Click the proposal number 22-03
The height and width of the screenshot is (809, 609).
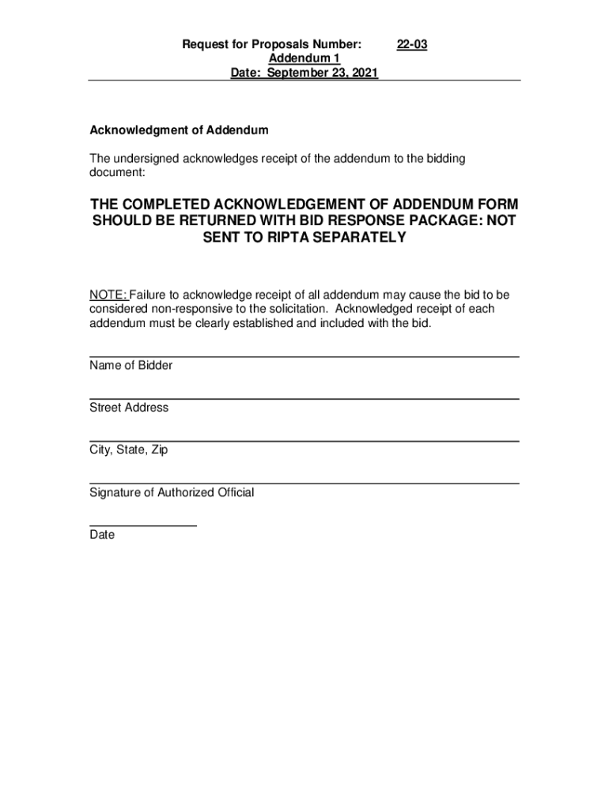tap(412, 45)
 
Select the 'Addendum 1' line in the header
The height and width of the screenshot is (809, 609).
tap(304, 59)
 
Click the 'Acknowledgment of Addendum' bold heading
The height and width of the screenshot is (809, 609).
tap(179, 130)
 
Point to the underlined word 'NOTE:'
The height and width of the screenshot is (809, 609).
tap(108, 295)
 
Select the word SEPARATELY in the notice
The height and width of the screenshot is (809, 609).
tap(358, 238)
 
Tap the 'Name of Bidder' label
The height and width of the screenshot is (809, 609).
tap(130, 366)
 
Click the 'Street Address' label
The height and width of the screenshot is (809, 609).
tap(129, 408)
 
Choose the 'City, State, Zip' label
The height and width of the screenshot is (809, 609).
tap(128, 450)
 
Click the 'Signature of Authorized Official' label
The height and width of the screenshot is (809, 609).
tap(172, 492)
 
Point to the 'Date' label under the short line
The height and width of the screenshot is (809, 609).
tap(102, 535)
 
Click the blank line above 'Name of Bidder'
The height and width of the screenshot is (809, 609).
tap(304, 357)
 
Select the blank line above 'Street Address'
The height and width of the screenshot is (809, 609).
tap(304, 399)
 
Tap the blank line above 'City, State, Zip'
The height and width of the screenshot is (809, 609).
tap(304, 441)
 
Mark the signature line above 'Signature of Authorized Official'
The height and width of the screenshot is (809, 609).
tap(304, 483)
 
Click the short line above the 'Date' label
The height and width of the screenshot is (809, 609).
tap(142, 525)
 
